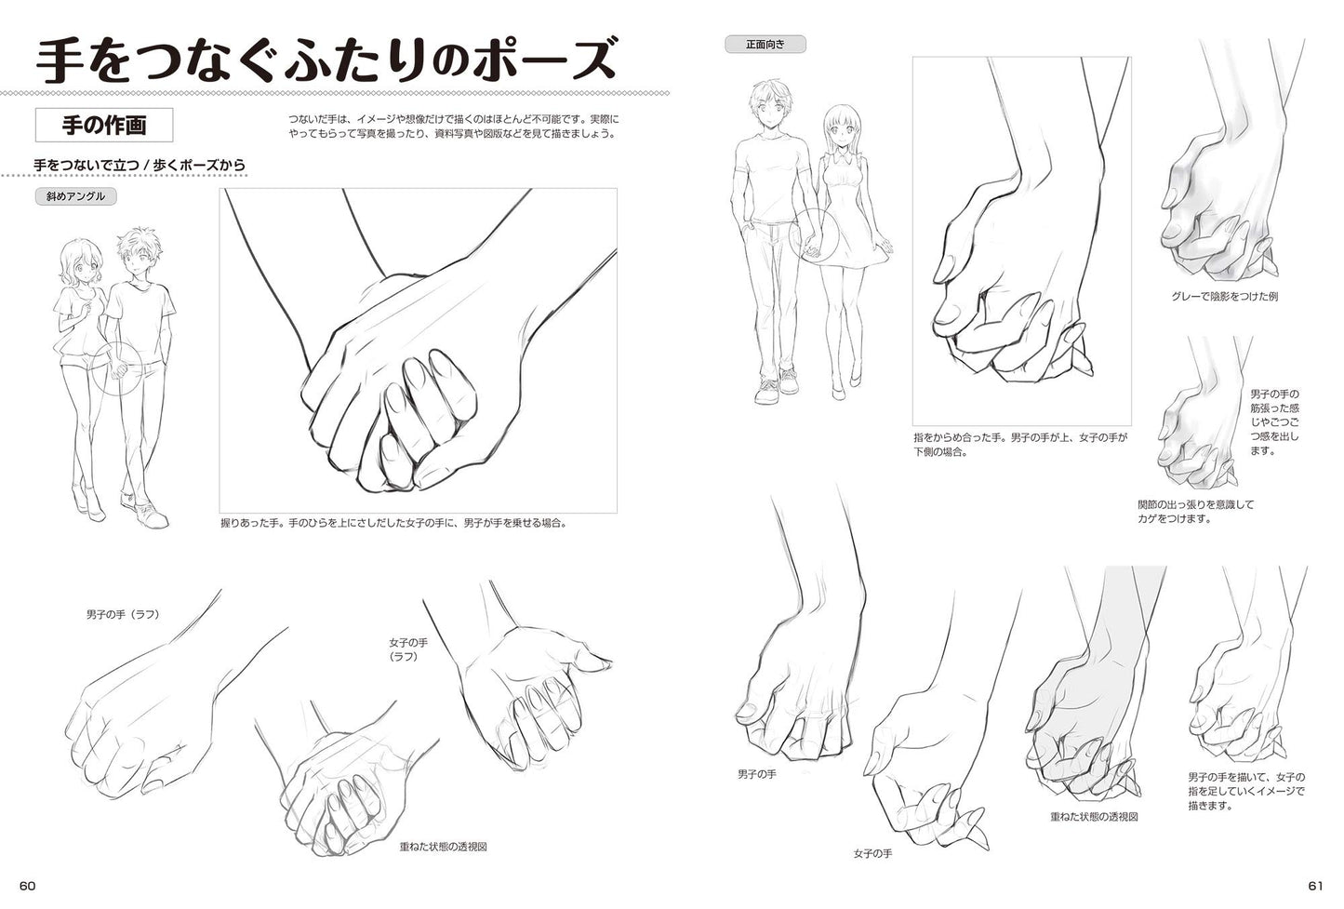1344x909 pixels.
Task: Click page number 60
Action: point(28,886)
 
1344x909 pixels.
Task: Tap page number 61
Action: point(1315,886)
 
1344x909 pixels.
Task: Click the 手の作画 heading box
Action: point(104,125)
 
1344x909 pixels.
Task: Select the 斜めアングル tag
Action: point(75,196)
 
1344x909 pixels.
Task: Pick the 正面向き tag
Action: point(765,45)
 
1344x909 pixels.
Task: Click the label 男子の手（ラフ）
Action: point(123,614)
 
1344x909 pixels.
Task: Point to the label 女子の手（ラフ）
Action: point(408,649)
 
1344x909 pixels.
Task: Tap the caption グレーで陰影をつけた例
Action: point(1225,297)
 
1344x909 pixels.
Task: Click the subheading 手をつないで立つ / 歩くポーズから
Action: point(140,165)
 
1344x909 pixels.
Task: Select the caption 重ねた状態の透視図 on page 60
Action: point(444,847)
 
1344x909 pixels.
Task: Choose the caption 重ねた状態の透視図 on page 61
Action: point(1095,817)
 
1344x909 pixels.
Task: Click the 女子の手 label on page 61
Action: point(873,853)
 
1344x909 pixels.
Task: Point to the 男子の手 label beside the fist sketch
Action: point(756,775)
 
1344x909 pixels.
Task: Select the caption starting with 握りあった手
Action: point(393,523)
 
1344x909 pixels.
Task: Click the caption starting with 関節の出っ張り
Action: point(1196,512)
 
